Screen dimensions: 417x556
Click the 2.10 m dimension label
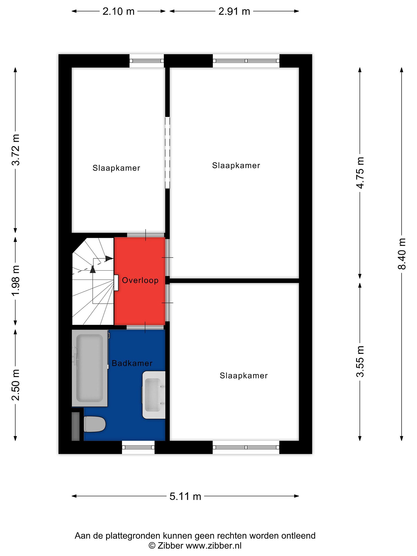point(118,11)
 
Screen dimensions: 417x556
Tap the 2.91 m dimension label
point(234,11)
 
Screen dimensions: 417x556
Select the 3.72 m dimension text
point(16,150)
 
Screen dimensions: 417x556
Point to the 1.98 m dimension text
point(16,280)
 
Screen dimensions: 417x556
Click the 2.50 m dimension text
point(16,385)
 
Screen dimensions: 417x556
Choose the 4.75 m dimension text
point(360,172)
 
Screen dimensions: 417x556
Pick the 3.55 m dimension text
point(360,361)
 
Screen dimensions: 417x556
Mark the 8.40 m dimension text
point(402,254)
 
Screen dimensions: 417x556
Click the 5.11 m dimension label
point(185,496)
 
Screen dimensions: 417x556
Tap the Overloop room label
point(140,280)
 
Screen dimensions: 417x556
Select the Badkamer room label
point(132,363)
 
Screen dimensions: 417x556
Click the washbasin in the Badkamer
point(154,395)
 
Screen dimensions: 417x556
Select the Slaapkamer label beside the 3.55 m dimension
point(244,375)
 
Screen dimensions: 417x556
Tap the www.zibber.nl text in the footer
point(214,546)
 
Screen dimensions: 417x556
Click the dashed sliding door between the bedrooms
point(167,153)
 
